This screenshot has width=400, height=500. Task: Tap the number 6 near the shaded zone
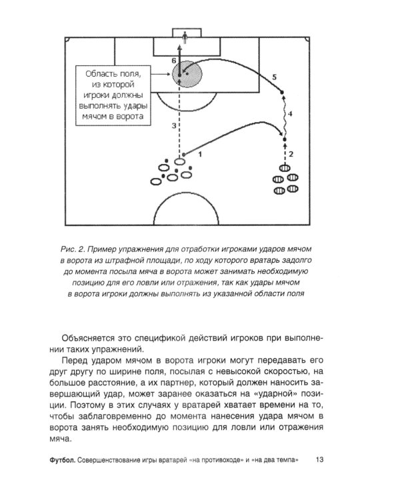point(174,61)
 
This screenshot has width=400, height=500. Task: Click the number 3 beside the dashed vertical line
point(173,125)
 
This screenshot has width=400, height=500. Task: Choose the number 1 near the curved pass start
point(200,153)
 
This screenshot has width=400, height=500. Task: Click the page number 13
point(320,459)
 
